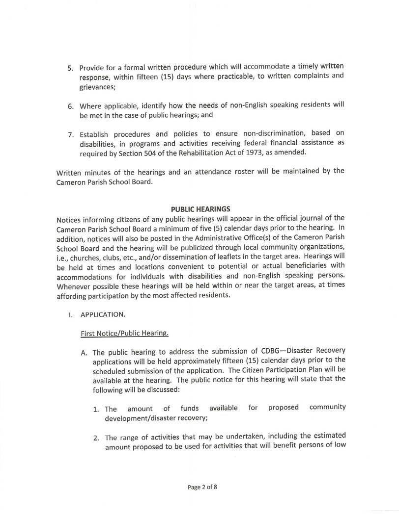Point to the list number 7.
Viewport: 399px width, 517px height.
tap(70, 135)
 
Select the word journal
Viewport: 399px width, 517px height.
tap(305, 218)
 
